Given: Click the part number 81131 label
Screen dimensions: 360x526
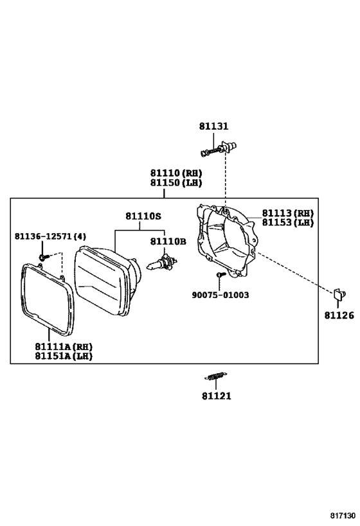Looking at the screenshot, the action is [x=213, y=126].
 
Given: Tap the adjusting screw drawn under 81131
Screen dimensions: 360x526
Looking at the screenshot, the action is [x=219, y=148].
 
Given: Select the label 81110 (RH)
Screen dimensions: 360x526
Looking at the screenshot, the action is [x=176, y=173].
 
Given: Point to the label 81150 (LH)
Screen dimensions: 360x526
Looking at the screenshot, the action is [x=176, y=183].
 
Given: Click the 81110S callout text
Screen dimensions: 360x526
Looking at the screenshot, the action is [x=143, y=216].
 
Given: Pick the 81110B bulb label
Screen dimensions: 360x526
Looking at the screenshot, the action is [x=168, y=241].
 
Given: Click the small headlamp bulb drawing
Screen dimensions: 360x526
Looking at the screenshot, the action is [x=162, y=262].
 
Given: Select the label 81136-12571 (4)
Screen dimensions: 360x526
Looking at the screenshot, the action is [x=50, y=236].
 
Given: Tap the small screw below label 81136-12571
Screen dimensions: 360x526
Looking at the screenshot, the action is [x=44, y=258].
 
